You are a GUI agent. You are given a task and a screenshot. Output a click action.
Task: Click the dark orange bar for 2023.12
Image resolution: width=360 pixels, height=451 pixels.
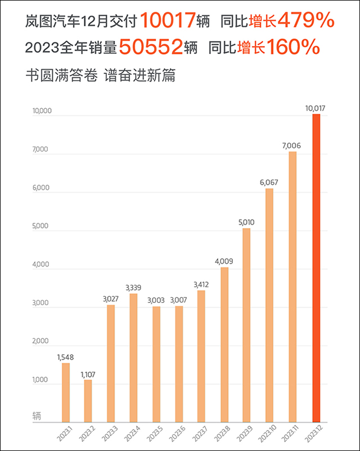(316, 267)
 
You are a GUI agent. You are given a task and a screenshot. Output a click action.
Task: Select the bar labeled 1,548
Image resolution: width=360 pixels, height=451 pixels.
(66, 392)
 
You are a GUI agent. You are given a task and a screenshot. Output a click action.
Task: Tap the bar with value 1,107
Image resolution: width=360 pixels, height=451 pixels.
(88, 400)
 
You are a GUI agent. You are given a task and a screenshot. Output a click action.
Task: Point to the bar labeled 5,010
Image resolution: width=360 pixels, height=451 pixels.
(246, 325)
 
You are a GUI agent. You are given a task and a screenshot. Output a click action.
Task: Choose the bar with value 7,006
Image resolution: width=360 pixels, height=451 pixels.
(292, 286)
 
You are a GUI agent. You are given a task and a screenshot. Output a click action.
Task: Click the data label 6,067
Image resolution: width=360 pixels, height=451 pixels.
(269, 182)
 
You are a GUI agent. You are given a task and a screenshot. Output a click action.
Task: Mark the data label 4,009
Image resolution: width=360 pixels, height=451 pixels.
(224, 261)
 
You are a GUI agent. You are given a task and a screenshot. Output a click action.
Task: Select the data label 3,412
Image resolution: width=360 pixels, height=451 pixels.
(201, 284)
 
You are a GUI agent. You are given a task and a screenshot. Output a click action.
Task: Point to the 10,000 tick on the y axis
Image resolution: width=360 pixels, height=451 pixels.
(42, 111)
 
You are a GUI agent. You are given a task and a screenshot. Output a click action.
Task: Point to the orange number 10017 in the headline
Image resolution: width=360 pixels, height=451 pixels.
(166, 21)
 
